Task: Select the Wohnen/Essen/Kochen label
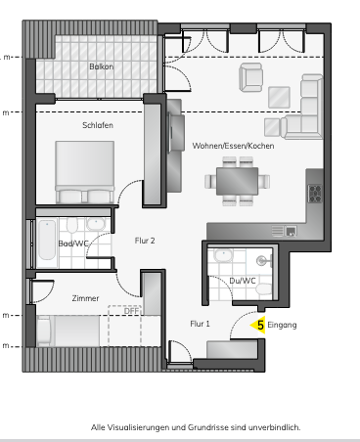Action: pos(233,145)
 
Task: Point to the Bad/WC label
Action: pos(73,243)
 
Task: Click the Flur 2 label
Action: pos(145,240)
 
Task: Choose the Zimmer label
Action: pos(84,298)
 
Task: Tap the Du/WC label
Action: pos(243,281)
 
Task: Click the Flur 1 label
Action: pos(200,322)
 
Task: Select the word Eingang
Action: pos(282,324)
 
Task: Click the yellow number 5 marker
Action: pos(261,324)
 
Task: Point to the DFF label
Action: pos(131,313)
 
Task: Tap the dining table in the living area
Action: pos(237,181)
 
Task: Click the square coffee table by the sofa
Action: pos(280,96)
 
